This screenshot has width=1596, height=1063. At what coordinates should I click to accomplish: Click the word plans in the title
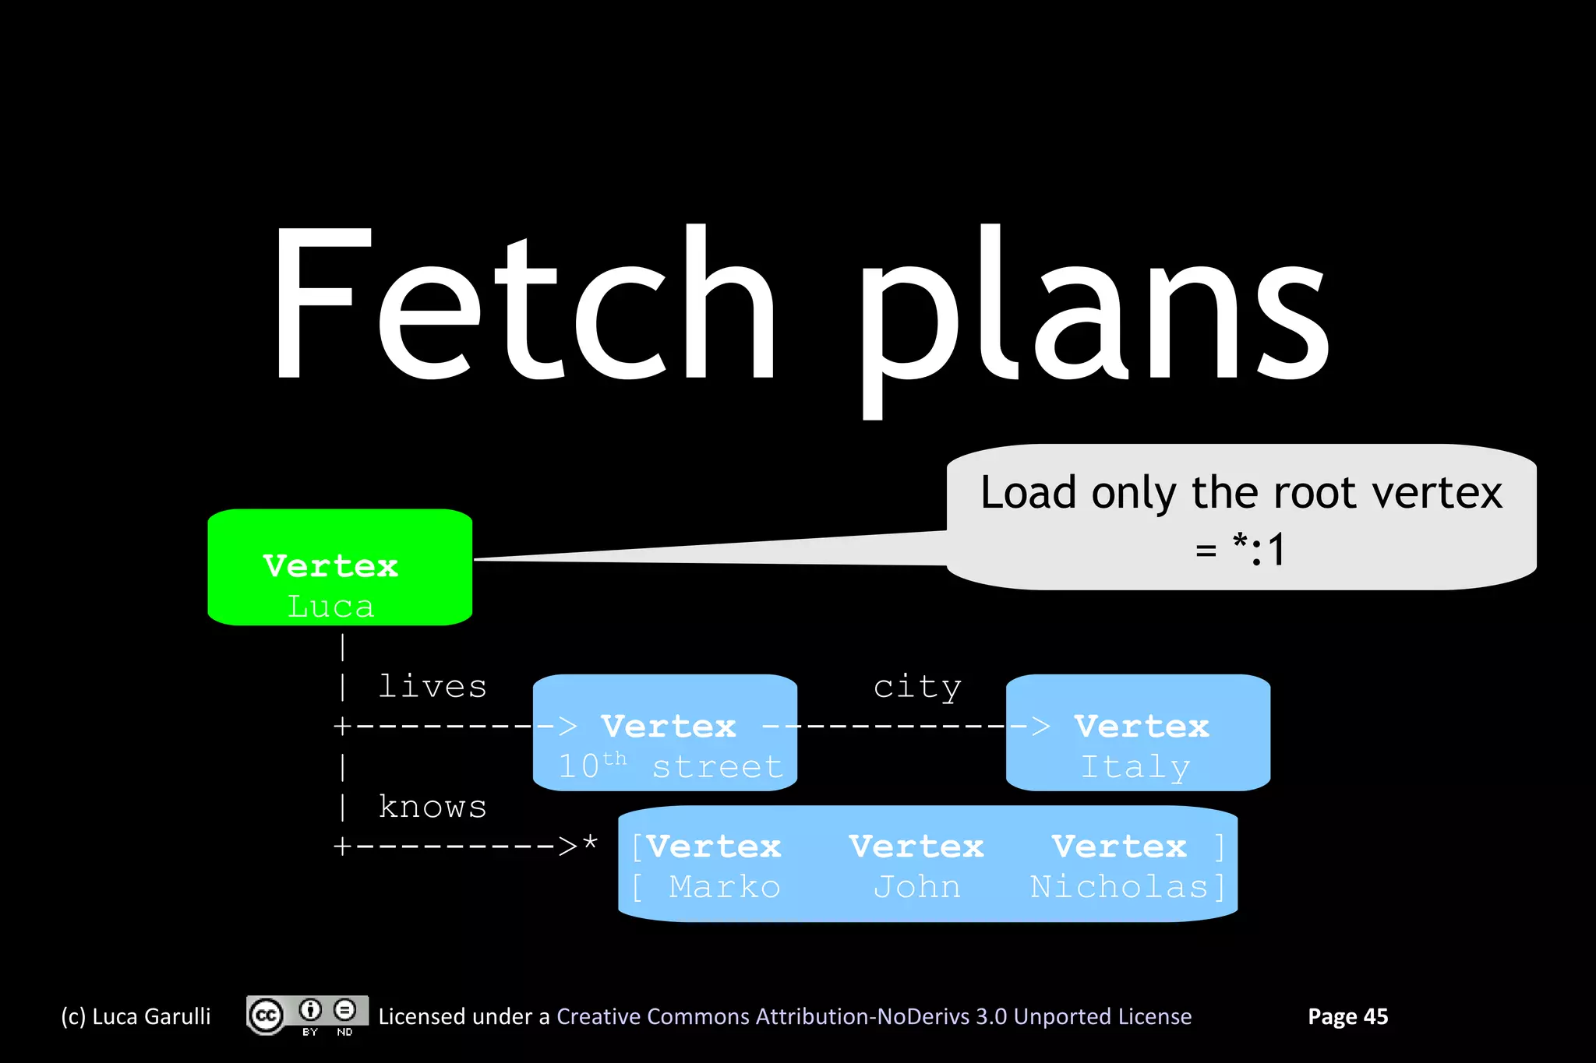(x=1091, y=312)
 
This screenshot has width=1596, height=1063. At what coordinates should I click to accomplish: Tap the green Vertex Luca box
(x=340, y=568)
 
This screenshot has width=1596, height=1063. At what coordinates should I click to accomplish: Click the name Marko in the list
(x=724, y=887)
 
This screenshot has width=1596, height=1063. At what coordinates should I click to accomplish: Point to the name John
(x=916, y=887)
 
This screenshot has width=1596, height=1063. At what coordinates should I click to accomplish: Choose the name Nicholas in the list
(x=1119, y=887)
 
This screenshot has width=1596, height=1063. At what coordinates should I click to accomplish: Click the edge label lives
(x=433, y=687)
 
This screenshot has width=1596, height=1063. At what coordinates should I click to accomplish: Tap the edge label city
(x=917, y=687)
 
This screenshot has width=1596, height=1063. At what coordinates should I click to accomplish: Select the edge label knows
(x=433, y=807)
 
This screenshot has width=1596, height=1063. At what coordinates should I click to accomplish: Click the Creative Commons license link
(x=874, y=1016)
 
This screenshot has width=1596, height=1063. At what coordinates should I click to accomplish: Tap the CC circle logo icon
(x=267, y=1015)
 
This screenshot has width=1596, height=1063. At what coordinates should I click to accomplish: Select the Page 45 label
(x=1347, y=1016)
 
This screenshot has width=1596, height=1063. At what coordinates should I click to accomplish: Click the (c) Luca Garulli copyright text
(x=136, y=1016)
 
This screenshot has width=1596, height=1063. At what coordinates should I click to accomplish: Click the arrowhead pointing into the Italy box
(x=1040, y=727)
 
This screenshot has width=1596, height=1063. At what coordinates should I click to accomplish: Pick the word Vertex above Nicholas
(x=1119, y=847)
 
